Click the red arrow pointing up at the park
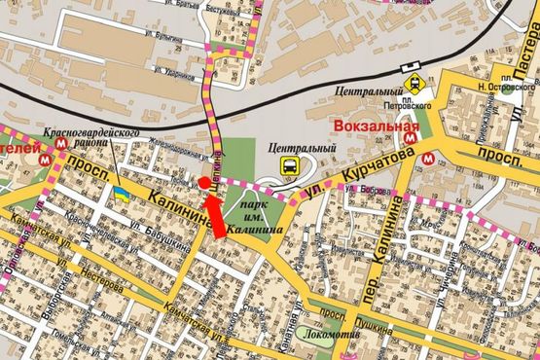[215, 216]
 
